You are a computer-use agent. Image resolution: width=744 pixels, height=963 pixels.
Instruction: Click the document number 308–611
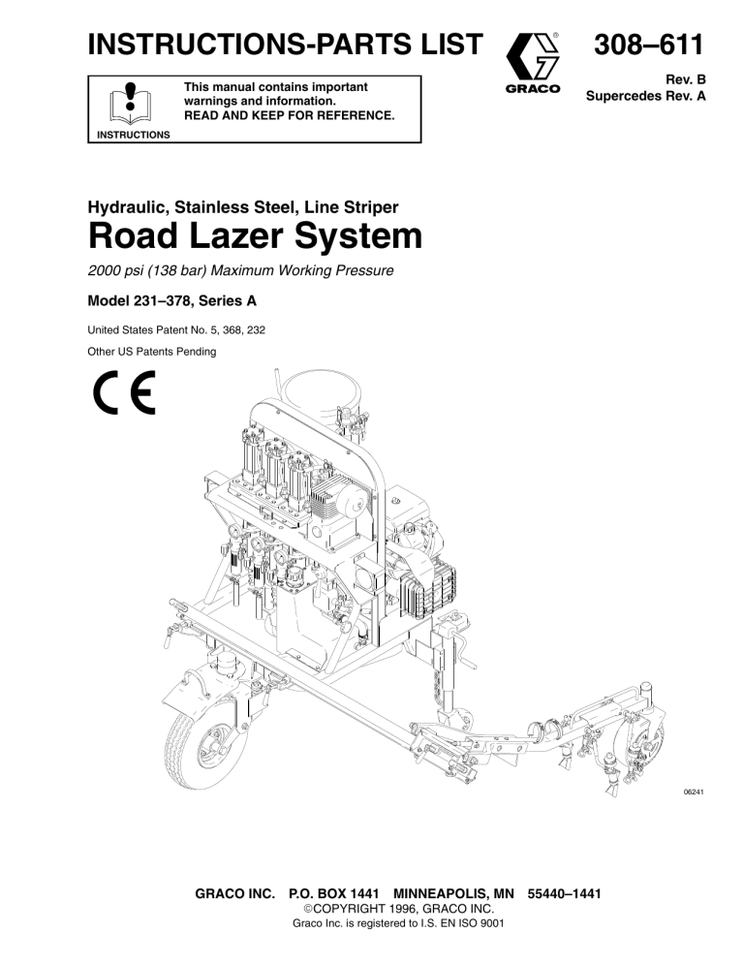pyautogui.click(x=648, y=45)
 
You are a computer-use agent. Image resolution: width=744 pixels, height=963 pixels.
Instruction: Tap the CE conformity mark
pyautogui.click(x=125, y=392)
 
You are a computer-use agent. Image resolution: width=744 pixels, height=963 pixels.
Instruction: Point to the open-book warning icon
pyautogui.click(x=130, y=103)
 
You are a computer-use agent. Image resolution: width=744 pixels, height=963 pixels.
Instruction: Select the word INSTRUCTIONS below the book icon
pyautogui.click(x=134, y=135)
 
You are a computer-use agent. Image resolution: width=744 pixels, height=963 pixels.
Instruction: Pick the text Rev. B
pyautogui.click(x=686, y=79)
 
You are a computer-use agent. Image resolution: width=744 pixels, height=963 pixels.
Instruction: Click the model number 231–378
pyautogui.click(x=162, y=301)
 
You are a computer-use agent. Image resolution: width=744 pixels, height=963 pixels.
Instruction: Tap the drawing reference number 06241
pyautogui.click(x=694, y=792)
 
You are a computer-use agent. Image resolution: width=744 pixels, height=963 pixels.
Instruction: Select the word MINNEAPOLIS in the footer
pyautogui.click(x=445, y=893)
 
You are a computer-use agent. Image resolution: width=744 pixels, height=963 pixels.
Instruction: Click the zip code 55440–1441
pyautogui.click(x=564, y=893)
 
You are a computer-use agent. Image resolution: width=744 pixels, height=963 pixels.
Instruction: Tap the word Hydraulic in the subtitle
pyautogui.click(x=128, y=207)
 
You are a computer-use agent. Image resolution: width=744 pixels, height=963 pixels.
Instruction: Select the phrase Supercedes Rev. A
pyautogui.click(x=646, y=97)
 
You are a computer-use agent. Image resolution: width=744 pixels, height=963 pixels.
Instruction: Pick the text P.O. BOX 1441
pyautogui.click(x=333, y=893)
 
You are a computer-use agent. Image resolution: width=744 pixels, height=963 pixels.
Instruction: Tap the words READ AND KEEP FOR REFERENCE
pyautogui.click(x=290, y=115)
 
